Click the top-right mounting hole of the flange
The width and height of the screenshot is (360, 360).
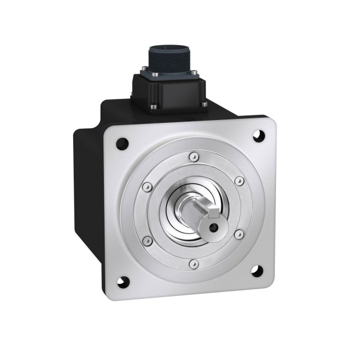pyautogui.click(x=258, y=137)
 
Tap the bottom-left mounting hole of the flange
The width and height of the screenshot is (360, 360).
pyautogui.click(x=123, y=281)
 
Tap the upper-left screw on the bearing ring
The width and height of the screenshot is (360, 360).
pyautogui.click(x=147, y=186)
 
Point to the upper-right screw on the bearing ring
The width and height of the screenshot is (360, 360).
pyautogui.click(x=239, y=181)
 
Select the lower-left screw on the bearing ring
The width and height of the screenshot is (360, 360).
pyautogui.click(x=147, y=239)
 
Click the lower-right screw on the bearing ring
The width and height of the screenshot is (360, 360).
pyautogui.click(x=239, y=234)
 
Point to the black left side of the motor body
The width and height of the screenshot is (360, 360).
pyautogui.click(x=89, y=189)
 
